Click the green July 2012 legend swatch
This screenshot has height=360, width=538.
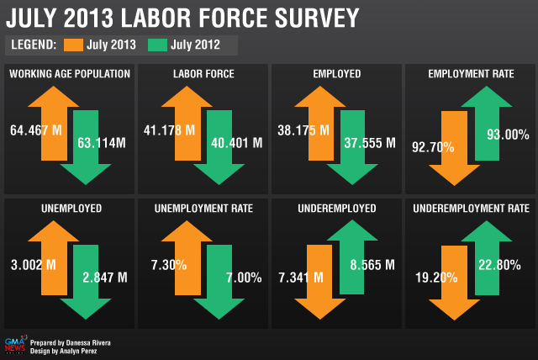tap(156, 45)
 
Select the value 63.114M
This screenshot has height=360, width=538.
tap(103, 142)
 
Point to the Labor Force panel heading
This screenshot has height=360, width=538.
tap(203, 74)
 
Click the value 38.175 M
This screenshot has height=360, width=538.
tap(301, 130)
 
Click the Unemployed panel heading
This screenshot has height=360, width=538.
tap(70, 207)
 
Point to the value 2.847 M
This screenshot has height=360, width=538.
tap(104, 277)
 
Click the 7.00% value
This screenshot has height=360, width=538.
tap(243, 277)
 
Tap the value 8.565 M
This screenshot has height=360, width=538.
tap(371, 265)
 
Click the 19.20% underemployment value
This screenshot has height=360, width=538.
tap(434, 276)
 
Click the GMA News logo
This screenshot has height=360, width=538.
tap(15, 346)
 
